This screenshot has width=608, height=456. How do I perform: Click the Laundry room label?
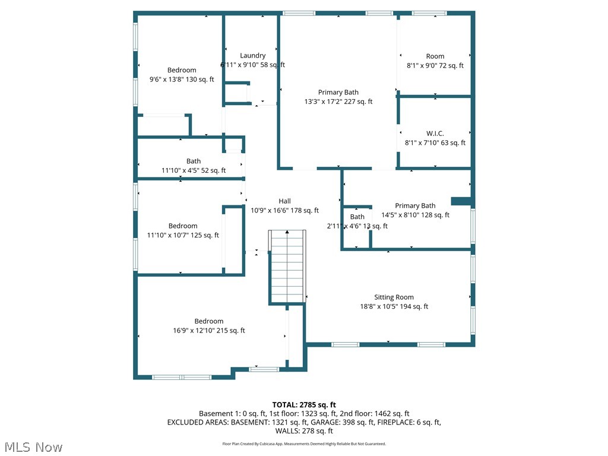pos(252,56)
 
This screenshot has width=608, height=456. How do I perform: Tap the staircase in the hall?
pos(287,267)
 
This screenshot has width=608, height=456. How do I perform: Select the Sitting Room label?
pos(394,297)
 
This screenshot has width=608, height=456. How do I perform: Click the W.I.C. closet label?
pos(435,134)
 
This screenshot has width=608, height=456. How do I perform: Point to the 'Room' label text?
pos(435,56)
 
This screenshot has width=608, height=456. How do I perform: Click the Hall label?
pos(284,201)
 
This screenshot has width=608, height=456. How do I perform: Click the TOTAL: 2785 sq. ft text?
pos(304,405)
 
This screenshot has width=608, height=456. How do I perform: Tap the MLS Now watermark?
pos(33,446)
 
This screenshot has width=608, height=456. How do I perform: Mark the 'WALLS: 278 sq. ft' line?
pos(304,431)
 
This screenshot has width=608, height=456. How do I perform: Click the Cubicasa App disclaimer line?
pos(304,444)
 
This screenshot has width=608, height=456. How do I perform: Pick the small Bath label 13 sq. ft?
pos(357,217)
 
